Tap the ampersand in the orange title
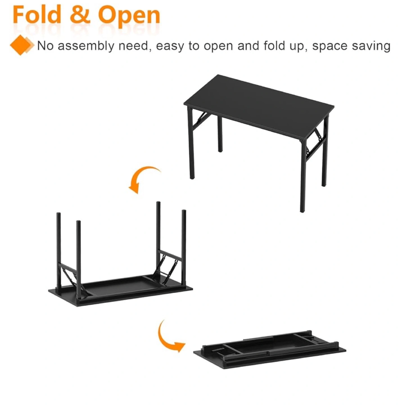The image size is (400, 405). (80, 15)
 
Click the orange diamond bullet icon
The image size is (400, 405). (21, 45)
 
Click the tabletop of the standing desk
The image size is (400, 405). (259, 106)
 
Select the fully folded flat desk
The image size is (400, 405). (270, 351)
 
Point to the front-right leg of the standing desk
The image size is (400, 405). (302, 177)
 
